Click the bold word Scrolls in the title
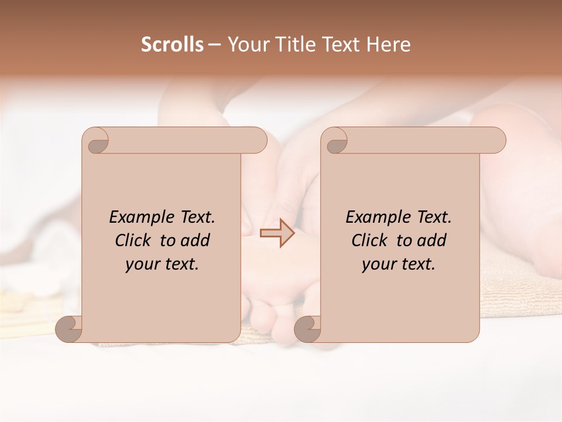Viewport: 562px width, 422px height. [x=173, y=45]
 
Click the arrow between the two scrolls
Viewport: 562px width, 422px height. [x=277, y=233]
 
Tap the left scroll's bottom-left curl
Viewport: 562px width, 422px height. [x=69, y=329]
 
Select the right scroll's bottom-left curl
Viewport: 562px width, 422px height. [x=307, y=329]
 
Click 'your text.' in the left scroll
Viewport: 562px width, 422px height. [x=162, y=264]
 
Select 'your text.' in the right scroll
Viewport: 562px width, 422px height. [x=399, y=264]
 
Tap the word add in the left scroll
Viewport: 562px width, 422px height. [x=196, y=240]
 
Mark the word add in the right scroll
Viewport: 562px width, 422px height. [x=432, y=240]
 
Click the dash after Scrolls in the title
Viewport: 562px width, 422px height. [x=214, y=45]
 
